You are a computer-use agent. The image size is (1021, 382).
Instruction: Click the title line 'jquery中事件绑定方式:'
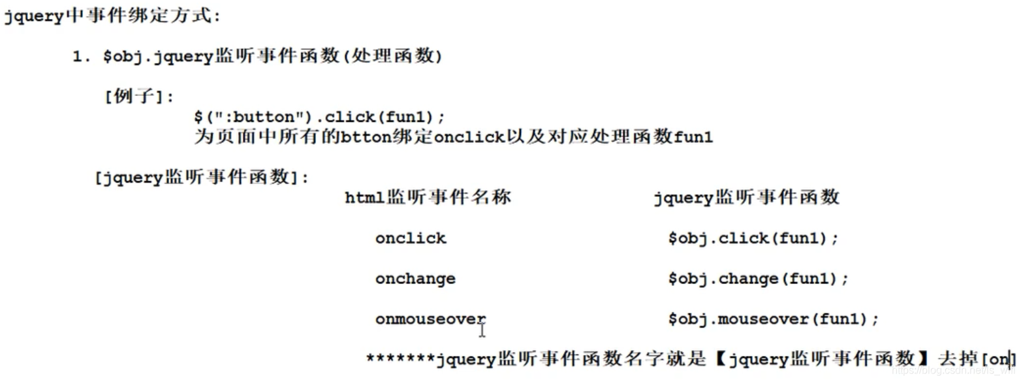pyautogui.click(x=112, y=16)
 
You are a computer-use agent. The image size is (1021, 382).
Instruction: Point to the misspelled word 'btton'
pyautogui.click(x=366, y=138)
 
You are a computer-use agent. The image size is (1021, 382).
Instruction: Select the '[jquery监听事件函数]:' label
pyautogui.click(x=202, y=178)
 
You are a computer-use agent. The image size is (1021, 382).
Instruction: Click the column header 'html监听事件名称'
pyautogui.click(x=428, y=198)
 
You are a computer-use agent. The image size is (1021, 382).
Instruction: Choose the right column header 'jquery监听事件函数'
pyautogui.click(x=746, y=198)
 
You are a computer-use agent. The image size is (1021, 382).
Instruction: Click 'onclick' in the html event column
pyautogui.click(x=411, y=238)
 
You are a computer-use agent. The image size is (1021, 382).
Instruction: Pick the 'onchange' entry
pyautogui.click(x=415, y=279)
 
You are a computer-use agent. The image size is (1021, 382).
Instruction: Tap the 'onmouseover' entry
pyautogui.click(x=430, y=319)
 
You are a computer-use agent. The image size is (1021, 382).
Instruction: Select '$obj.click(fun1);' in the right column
pyautogui.click(x=752, y=238)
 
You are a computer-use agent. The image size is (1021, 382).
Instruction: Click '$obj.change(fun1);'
pyautogui.click(x=757, y=279)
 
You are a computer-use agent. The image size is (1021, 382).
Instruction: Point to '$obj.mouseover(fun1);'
pyautogui.click(x=773, y=319)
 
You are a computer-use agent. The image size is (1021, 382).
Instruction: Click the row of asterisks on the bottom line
pyautogui.click(x=400, y=359)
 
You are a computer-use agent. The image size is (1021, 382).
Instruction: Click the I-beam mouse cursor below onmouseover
pyautogui.click(x=482, y=330)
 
